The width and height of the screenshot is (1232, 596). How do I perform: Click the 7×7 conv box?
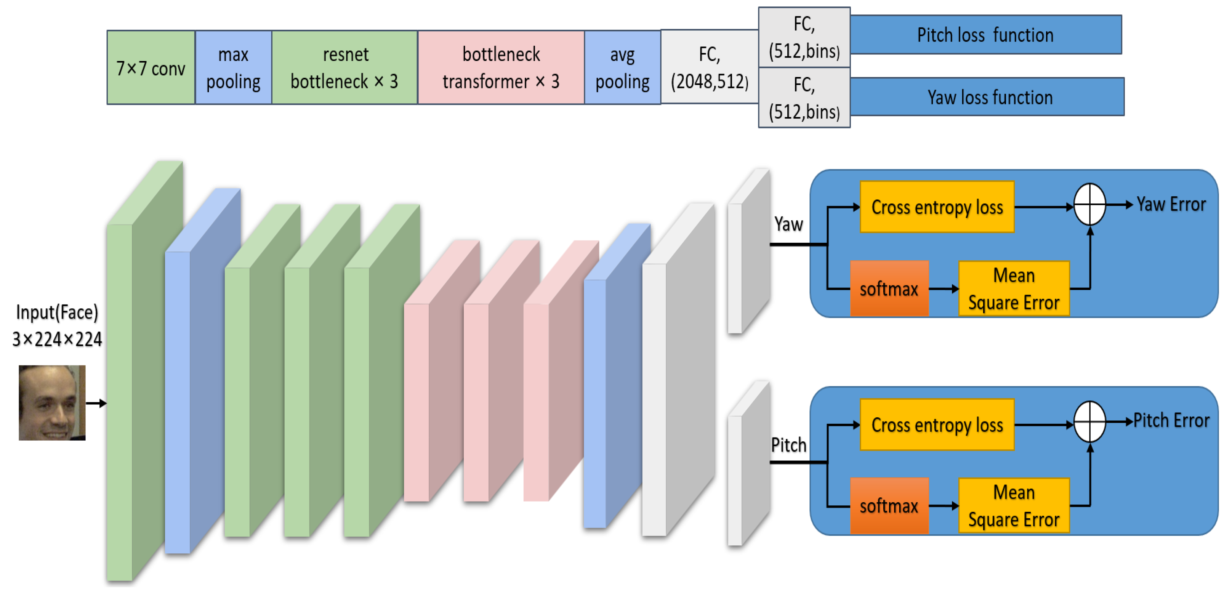click(151, 68)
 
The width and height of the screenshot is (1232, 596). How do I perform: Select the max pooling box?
click(233, 68)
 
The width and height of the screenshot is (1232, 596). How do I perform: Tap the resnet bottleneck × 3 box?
click(344, 68)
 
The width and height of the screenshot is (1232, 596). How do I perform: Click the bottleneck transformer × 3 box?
click(501, 68)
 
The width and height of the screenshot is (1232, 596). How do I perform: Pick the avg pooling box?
click(622, 68)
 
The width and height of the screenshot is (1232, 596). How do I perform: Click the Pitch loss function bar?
click(985, 35)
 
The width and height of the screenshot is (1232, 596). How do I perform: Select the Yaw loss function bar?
click(988, 97)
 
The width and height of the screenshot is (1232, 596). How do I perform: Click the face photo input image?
click(52, 403)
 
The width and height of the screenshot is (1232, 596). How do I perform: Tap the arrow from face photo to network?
click(96, 403)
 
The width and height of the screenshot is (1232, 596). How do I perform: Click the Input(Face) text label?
click(57, 312)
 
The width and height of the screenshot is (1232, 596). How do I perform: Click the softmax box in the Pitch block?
click(889, 506)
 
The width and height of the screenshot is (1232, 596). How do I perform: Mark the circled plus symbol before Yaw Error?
click(1089, 205)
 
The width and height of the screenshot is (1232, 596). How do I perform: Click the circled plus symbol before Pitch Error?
click(1089, 421)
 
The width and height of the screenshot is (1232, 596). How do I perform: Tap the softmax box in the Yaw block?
click(889, 288)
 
